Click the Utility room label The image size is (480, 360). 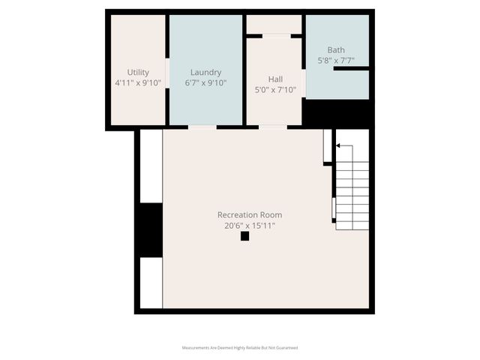(138, 72)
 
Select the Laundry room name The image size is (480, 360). (205, 72)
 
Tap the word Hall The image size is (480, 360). (275, 79)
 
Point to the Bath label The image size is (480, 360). (336, 49)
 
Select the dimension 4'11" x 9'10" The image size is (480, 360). (138, 82)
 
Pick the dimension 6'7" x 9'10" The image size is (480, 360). (205, 82)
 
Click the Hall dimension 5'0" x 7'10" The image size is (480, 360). (275, 89)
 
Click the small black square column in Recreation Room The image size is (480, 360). (244, 236)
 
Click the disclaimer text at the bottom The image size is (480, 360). (240, 347)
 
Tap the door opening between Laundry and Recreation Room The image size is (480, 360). (202, 127)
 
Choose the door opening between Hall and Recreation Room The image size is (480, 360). (273, 127)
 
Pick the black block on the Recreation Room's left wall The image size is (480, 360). (150, 229)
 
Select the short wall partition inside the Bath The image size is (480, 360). (351, 68)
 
